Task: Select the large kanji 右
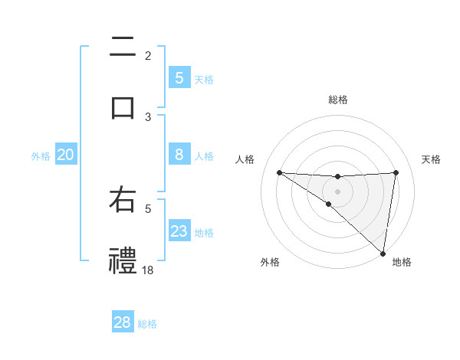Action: coord(123,201)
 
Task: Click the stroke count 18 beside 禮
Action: coord(148,270)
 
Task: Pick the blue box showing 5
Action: coord(179,78)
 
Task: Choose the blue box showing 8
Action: coord(179,155)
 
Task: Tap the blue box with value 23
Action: coord(179,231)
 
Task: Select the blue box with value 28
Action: coord(122,322)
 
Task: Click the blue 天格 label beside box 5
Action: coord(204,79)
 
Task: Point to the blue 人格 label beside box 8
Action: coord(204,155)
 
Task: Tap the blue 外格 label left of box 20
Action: coord(41,156)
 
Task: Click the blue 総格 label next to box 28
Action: coord(147,323)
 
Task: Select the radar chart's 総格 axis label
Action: coord(337,100)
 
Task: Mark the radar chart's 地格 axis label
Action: coord(402,262)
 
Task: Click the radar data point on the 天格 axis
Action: coord(396,172)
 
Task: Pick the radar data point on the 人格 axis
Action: coord(279,172)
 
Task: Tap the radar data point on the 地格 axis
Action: coord(383,253)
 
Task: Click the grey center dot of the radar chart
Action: coord(337,191)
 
